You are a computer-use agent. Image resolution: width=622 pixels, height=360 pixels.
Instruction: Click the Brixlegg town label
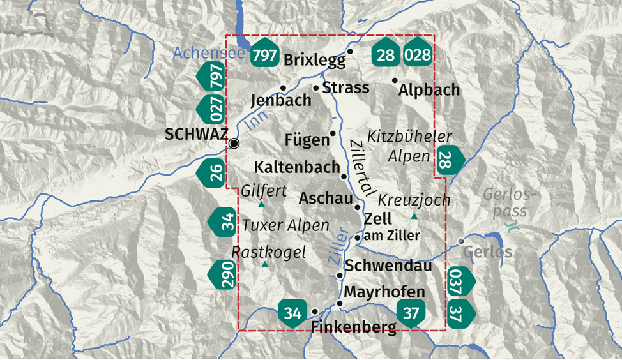pos(314,61)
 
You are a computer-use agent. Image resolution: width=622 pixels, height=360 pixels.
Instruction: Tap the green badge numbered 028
pos(418,55)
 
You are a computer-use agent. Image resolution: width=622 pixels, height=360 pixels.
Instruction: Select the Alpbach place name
pos(429,90)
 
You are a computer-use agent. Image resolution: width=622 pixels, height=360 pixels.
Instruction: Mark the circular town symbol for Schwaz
pos(234,143)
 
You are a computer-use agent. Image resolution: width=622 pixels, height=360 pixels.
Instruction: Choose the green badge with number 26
pos(215,172)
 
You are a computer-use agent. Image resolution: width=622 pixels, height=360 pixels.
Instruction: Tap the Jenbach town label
pos(281,100)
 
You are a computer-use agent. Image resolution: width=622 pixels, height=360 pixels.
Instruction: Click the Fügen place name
pos(307,140)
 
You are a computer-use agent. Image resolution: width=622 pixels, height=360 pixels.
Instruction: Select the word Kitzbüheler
pos(409,137)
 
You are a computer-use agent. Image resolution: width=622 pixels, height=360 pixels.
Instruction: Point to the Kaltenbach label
pos(297,167)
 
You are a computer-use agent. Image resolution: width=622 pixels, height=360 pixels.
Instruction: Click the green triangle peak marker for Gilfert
pos(261,204)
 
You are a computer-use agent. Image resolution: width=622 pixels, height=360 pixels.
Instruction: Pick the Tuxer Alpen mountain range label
pos(285,225)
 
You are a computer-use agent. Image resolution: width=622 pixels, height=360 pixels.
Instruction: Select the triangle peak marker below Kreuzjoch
pos(414,217)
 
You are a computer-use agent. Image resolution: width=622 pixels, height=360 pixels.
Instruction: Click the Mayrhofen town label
pos(384,292)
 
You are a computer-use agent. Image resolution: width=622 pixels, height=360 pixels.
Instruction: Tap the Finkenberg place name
pos(354,327)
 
